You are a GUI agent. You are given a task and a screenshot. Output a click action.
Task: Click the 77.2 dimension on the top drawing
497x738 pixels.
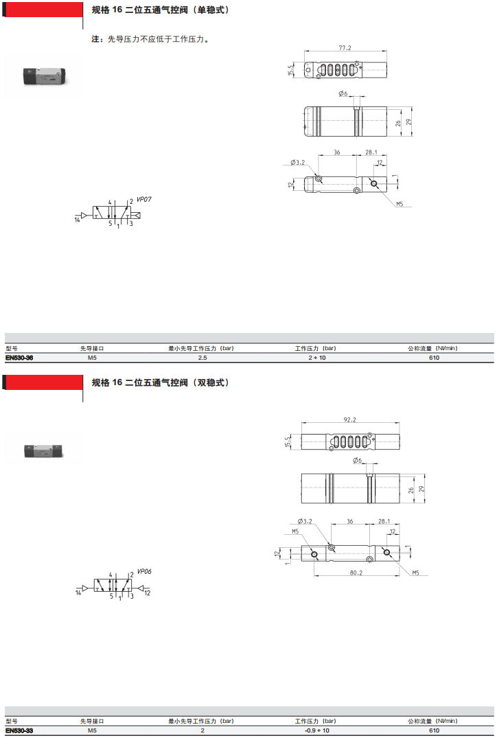(345, 47)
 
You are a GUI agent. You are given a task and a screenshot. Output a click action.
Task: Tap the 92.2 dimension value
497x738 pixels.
(349, 419)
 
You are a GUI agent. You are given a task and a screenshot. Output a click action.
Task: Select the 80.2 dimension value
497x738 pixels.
(356, 573)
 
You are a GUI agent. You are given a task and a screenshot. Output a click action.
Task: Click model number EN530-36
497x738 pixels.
(19, 358)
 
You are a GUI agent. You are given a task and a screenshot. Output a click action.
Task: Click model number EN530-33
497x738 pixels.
(19, 730)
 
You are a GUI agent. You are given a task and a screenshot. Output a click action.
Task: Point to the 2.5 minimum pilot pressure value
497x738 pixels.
(203, 358)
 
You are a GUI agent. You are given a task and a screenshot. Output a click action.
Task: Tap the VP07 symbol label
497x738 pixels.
(144, 199)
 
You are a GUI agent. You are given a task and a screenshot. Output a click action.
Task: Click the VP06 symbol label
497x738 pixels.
(144, 571)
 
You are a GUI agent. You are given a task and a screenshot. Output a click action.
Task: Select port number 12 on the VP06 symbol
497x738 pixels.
(148, 593)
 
